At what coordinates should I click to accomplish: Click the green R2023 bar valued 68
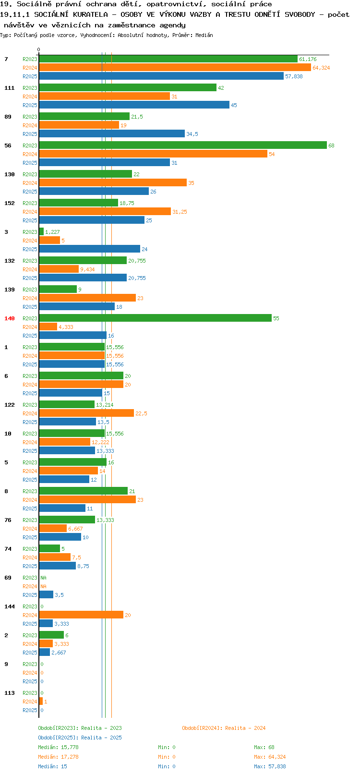[x=183, y=145]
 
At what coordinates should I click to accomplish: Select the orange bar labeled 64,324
[x=175, y=68]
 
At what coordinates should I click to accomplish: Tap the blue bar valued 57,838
[x=161, y=76]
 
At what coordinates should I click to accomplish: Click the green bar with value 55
[x=155, y=318]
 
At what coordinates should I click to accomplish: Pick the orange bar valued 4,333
[x=48, y=327]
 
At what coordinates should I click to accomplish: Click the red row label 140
[x=9, y=318]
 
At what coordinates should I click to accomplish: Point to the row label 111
[x=9, y=88]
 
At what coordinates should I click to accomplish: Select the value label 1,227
[x=53, y=232]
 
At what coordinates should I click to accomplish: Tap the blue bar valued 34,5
[x=112, y=133]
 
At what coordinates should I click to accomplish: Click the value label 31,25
[x=180, y=212]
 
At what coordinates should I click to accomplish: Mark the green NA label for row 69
[x=43, y=578]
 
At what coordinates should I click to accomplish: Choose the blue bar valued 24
[x=90, y=249]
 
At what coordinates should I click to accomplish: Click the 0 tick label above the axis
[x=38, y=49]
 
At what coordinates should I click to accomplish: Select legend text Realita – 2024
[x=245, y=728]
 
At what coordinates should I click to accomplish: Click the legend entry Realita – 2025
[x=101, y=738]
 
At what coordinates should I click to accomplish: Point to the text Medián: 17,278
[x=58, y=757]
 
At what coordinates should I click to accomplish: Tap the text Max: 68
[x=264, y=747]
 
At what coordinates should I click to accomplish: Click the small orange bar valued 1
[x=41, y=702]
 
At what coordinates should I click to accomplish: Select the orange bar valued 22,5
[x=86, y=413]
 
